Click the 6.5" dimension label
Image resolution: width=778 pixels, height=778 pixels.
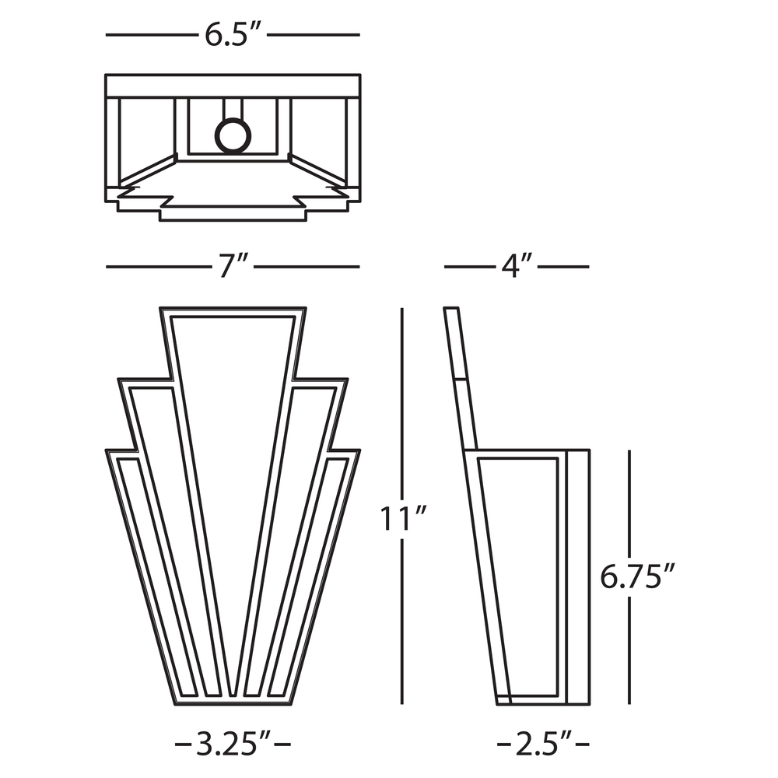point(233,36)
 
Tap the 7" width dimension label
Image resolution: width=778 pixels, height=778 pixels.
point(233,267)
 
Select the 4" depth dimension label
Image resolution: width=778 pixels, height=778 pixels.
point(517,267)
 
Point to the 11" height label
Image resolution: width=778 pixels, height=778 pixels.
point(401,517)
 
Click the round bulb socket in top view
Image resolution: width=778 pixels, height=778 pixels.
point(233,136)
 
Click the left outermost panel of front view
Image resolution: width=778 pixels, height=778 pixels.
point(156,576)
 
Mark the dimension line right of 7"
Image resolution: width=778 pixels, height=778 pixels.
point(307,267)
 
